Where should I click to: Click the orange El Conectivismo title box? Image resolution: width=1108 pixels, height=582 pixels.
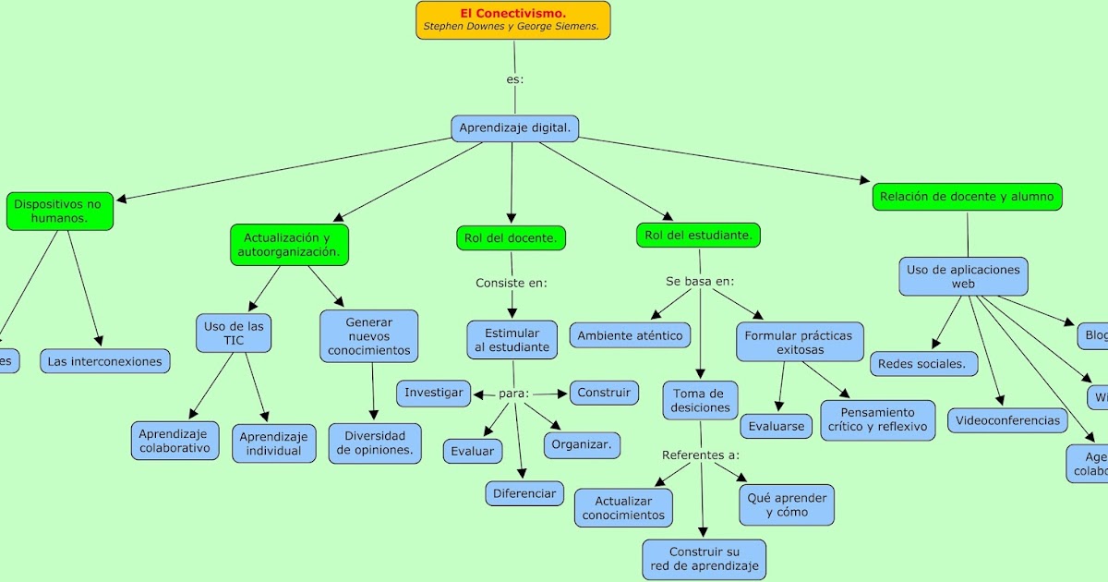(512, 19)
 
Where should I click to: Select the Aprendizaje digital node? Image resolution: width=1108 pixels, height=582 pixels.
(514, 128)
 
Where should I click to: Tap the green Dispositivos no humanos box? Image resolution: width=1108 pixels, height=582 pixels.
(59, 211)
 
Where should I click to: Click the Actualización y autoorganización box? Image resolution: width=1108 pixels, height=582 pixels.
(289, 245)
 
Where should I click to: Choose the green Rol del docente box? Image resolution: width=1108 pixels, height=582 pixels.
(511, 238)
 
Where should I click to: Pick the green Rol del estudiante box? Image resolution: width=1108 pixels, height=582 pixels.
(698, 236)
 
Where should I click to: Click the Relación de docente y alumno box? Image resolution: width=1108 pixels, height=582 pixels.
(967, 197)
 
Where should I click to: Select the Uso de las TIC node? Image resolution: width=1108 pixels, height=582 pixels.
(234, 333)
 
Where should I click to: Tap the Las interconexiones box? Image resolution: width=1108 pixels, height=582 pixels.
(105, 361)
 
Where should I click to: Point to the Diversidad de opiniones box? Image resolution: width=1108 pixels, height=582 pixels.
(374, 443)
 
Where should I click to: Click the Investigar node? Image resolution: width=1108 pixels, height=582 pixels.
(434, 393)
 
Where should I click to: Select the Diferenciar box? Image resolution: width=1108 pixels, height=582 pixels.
(524, 493)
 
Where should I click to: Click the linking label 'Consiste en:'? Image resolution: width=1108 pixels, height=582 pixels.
(512, 284)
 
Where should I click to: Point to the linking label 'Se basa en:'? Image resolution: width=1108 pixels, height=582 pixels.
(700, 281)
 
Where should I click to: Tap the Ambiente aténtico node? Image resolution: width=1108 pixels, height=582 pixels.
(631, 335)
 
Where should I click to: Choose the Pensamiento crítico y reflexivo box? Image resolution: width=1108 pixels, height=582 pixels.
(877, 420)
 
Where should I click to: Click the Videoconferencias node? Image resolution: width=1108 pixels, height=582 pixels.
(1007, 420)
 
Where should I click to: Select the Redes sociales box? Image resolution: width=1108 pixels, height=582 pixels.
(924, 364)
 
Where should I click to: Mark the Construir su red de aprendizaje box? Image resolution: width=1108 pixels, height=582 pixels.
(705, 559)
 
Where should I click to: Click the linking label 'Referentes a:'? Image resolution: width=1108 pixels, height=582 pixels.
(701, 455)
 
